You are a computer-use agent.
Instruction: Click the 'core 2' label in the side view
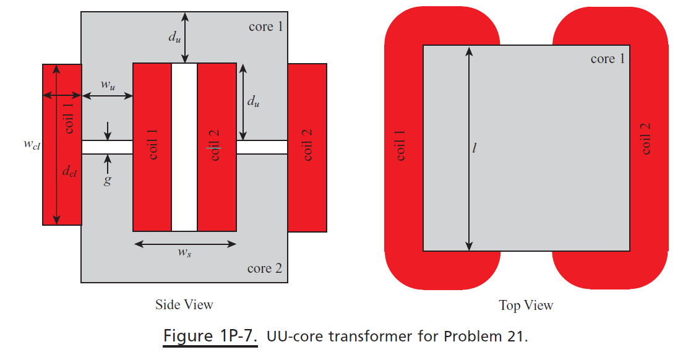click(x=264, y=268)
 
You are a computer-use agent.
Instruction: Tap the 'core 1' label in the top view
click(x=607, y=59)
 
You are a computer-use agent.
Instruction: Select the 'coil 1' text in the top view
click(x=400, y=146)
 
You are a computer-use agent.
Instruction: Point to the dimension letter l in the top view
click(x=475, y=149)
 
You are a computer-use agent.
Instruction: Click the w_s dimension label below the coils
click(x=184, y=252)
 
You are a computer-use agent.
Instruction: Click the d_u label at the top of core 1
click(x=175, y=36)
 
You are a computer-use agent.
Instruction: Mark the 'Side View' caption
click(x=184, y=304)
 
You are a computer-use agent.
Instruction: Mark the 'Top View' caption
click(x=526, y=305)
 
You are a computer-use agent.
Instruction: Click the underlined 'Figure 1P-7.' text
click(x=210, y=336)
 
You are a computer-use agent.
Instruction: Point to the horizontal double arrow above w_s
click(x=184, y=244)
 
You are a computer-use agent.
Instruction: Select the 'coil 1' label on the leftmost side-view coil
click(x=69, y=118)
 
